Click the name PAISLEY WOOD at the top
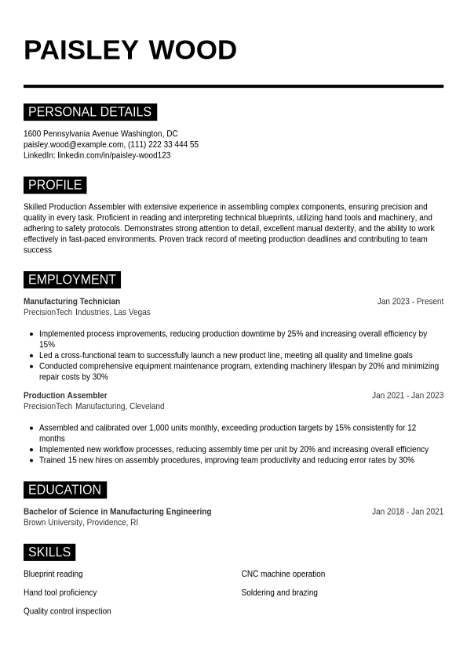(130, 50)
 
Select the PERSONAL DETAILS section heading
(89, 112)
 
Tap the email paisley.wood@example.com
(74, 144)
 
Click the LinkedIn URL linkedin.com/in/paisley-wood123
(114, 155)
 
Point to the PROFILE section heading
(55, 185)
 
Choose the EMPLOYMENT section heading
(72, 280)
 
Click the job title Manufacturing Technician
(71, 301)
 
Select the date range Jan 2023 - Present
(410, 301)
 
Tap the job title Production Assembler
(65, 395)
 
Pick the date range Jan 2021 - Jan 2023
(407, 395)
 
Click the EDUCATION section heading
(64, 490)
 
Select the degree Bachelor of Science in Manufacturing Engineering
(117, 512)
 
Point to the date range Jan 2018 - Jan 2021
(407, 512)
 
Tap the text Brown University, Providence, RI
(81, 523)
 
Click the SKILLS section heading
(49, 552)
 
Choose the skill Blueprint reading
(53, 574)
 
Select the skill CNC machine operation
(283, 574)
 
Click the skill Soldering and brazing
(279, 592)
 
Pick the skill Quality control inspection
(67, 611)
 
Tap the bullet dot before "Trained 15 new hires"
(31, 461)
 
